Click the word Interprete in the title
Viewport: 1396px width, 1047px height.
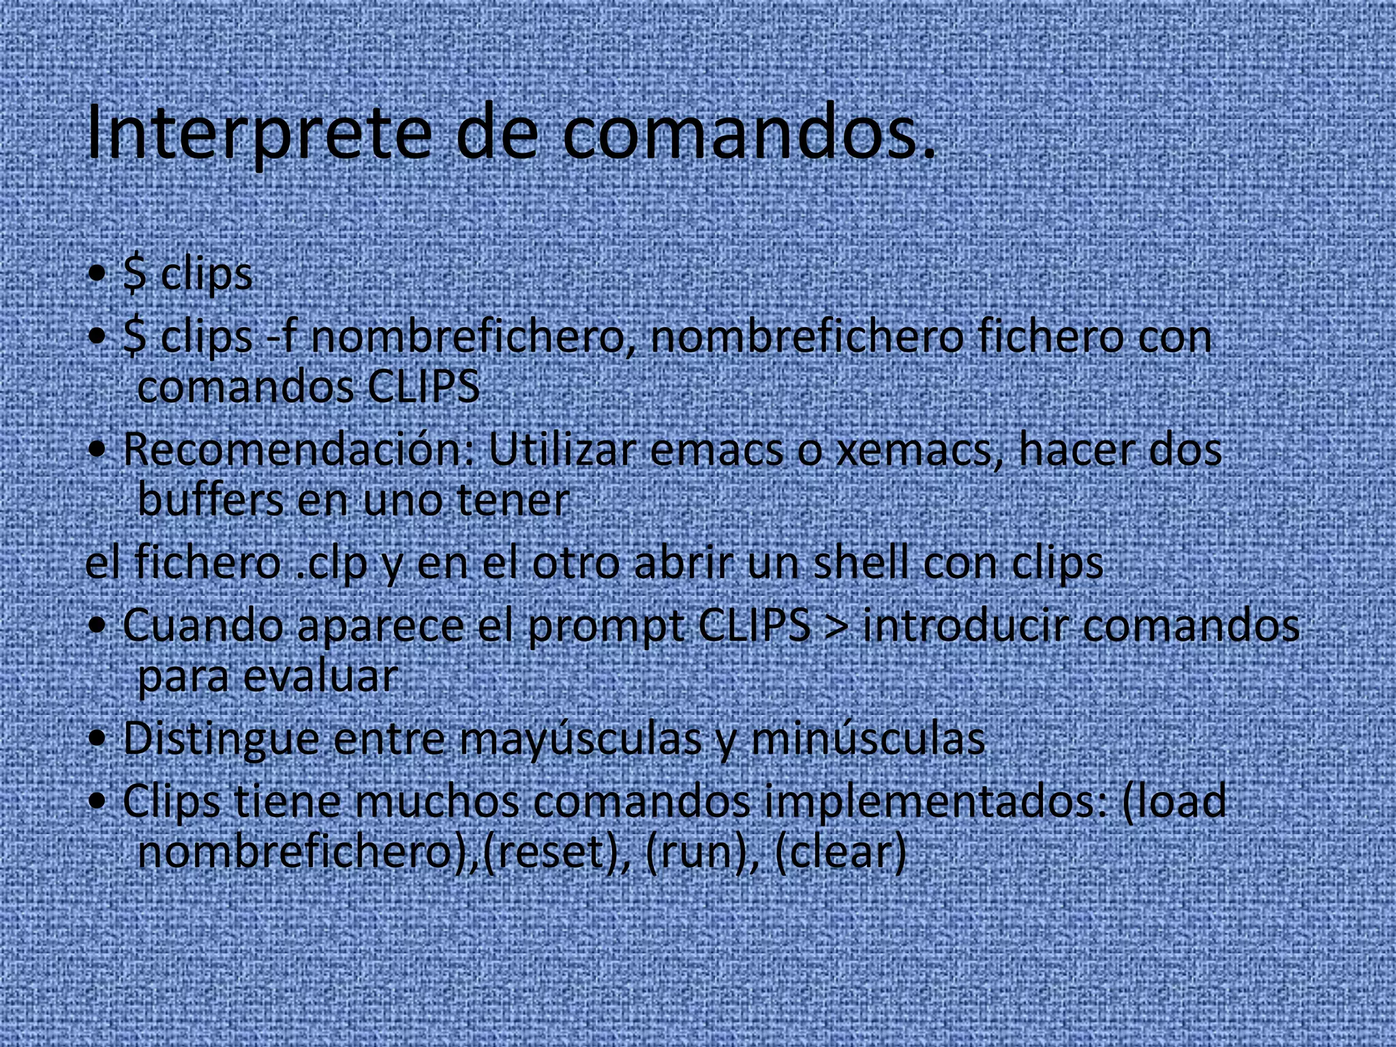click(259, 133)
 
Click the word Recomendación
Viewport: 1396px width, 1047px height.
click(300, 450)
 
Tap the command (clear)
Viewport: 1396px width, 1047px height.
click(840, 852)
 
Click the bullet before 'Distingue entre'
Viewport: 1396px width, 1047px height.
click(97, 739)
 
